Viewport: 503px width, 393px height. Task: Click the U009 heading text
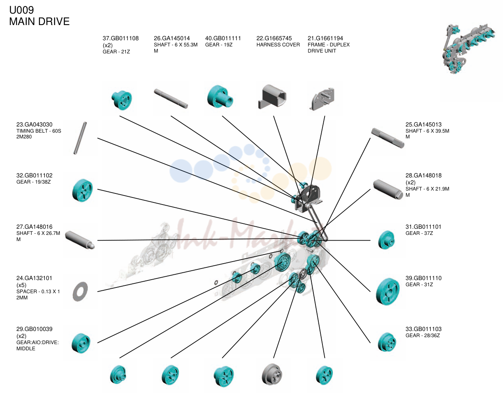click(x=21, y=10)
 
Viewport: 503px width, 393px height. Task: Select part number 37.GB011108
click(x=121, y=38)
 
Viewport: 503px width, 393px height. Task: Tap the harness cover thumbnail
click(x=272, y=97)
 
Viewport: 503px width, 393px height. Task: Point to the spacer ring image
click(x=80, y=292)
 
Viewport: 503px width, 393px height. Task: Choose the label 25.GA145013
click(x=423, y=124)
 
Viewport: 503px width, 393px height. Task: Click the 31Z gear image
click(x=388, y=292)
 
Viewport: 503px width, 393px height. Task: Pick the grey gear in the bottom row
click(x=272, y=374)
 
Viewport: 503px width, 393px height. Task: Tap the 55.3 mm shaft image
click(x=171, y=99)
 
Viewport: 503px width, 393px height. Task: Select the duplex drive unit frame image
click(x=322, y=99)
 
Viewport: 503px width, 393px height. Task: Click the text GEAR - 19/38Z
click(x=33, y=182)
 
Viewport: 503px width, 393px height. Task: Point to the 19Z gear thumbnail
click(x=220, y=97)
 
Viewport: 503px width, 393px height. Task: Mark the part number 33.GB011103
click(x=423, y=329)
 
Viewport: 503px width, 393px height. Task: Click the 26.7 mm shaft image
click(x=80, y=240)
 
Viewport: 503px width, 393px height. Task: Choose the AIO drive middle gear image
click(x=81, y=343)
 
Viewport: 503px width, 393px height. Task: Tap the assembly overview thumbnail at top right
click(x=468, y=48)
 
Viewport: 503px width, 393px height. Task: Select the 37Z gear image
click(x=386, y=240)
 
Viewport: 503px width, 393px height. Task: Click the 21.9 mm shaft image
click(x=388, y=189)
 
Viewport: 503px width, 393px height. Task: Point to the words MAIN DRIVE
click(x=39, y=21)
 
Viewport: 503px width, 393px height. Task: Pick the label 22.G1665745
click(x=274, y=38)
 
